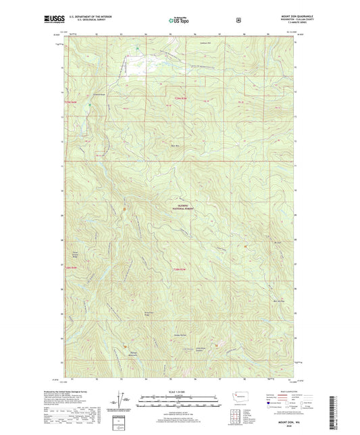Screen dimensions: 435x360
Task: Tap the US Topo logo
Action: pos(179,21)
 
